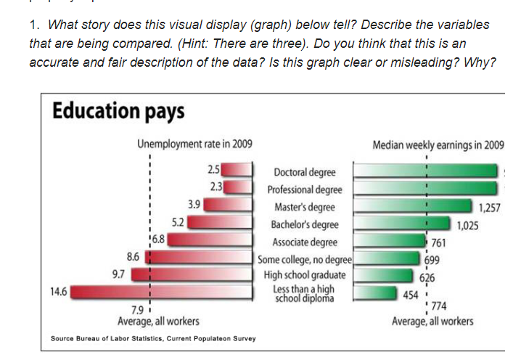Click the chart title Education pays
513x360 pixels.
(118, 112)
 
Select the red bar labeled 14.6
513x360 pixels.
(160, 292)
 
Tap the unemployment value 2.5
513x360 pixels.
(213, 170)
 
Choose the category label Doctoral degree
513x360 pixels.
(304, 172)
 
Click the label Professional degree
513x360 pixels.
(304, 189)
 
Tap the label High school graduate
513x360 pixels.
(304, 275)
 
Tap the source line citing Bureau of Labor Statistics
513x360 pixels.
(153, 338)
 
